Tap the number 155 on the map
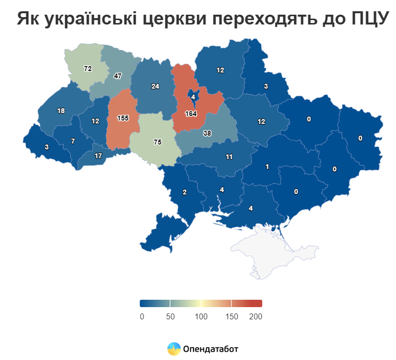point(123,119)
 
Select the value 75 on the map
point(157,142)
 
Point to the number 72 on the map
point(88,69)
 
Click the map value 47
point(118,76)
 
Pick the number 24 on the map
point(155,87)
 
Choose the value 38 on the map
point(207,133)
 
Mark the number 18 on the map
point(61,111)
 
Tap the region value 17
point(98,156)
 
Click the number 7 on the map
point(73,141)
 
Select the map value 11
point(229,157)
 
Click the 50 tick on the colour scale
point(170,316)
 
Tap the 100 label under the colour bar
point(201,316)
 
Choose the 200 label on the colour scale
point(255,316)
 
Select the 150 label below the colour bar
point(231,316)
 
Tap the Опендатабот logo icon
point(173,349)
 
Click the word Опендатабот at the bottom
point(210,349)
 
